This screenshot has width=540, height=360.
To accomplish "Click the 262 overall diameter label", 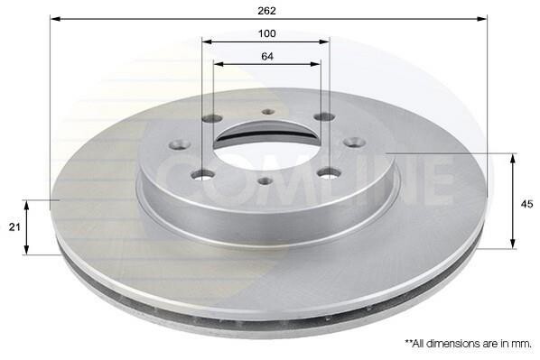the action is tap(267, 11).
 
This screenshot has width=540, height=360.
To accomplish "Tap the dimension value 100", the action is tap(267, 33).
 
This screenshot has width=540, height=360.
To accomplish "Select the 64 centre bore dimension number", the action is tap(267, 56).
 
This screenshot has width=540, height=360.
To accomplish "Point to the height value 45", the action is tap(527, 204).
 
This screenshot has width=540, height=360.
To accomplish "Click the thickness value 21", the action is tap(14, 226).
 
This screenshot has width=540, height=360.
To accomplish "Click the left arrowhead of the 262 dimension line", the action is tap(55, 18).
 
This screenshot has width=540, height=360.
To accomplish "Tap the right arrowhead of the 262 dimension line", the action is tap(482, 18).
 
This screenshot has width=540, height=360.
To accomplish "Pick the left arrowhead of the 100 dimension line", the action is tap(207, 42).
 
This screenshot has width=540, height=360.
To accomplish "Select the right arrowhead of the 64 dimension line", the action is tap(315, 64).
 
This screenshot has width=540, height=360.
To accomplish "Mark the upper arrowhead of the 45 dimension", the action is tap(513, 159).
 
